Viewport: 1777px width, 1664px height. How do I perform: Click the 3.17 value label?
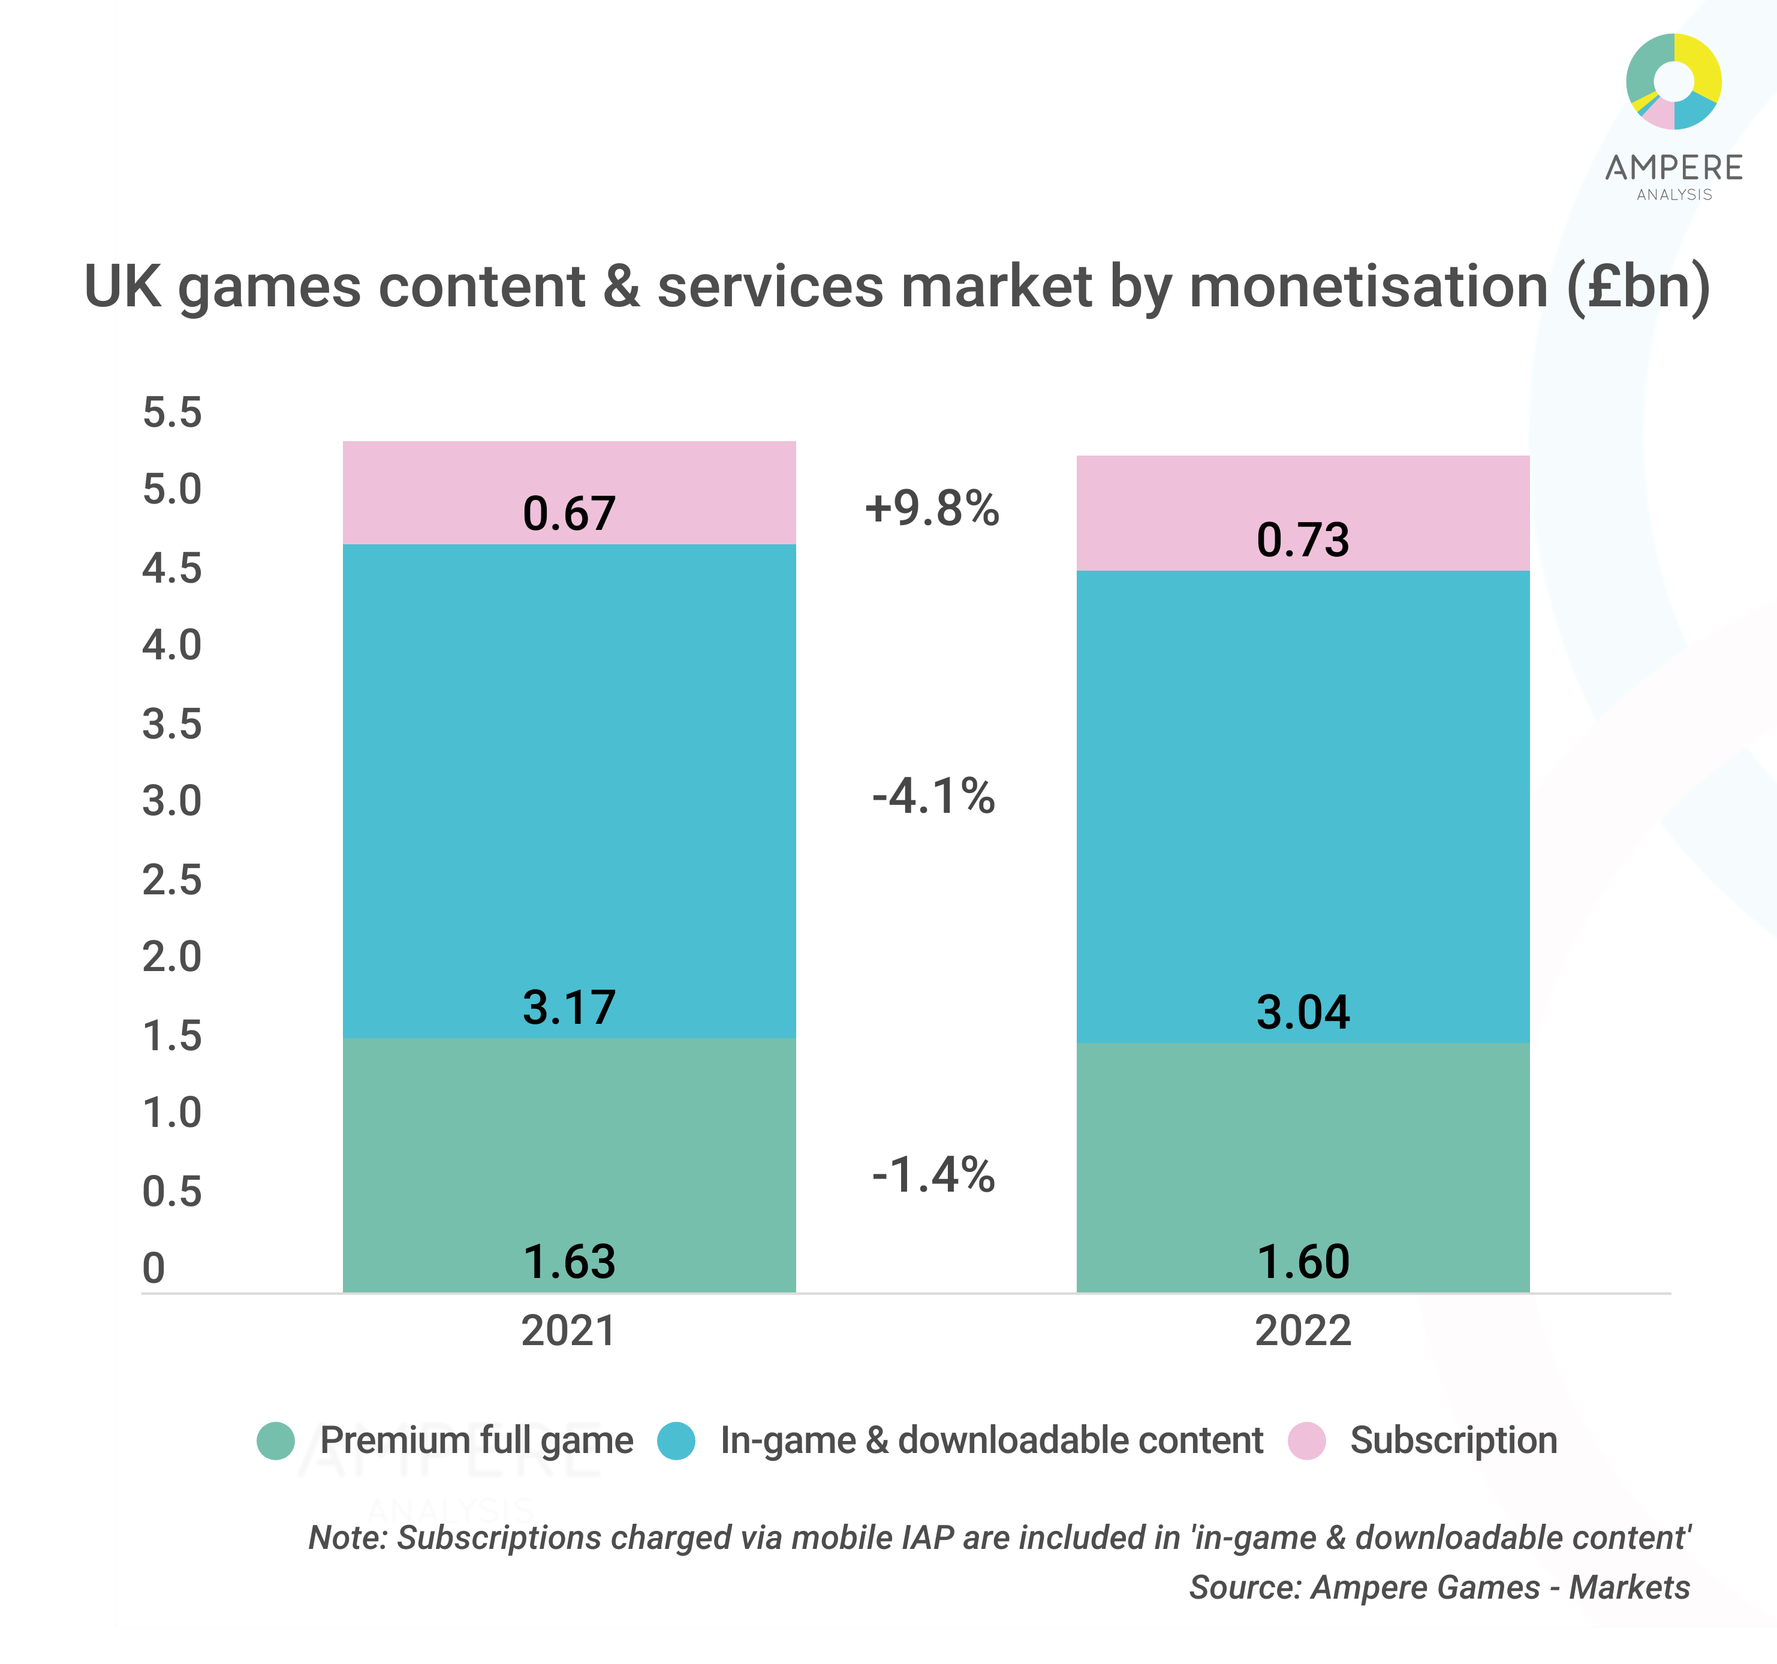[570, 1007]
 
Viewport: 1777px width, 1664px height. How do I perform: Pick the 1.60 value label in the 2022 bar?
[1302, 1262]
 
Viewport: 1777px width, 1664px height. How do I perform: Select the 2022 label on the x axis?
[1302, 1331]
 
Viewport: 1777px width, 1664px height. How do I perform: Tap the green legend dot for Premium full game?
[275, 1440]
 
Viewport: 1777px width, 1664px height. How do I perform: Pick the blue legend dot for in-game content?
[676, 1440]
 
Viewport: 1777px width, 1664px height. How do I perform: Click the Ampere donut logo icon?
[1673, 82]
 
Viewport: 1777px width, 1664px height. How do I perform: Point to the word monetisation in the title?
[1369, 287]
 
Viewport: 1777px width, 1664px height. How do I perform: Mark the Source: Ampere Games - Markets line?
[1438, 1587]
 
